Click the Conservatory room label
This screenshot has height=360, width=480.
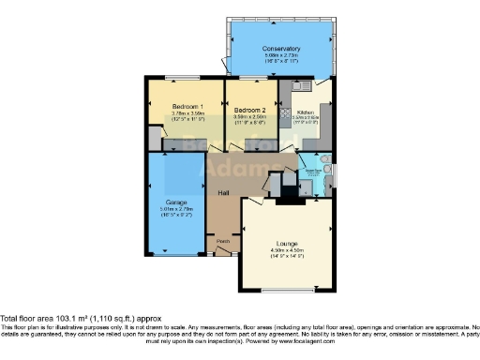coord(281,48)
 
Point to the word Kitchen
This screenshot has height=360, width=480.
coord(306,110)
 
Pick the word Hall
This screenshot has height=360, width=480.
coord(224,192)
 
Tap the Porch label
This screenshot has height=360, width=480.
coord(222,241)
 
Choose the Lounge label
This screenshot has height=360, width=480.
coord(287,244)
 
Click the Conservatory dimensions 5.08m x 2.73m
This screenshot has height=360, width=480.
coord(281,55)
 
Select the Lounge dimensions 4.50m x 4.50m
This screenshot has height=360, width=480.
coord(287,250)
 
